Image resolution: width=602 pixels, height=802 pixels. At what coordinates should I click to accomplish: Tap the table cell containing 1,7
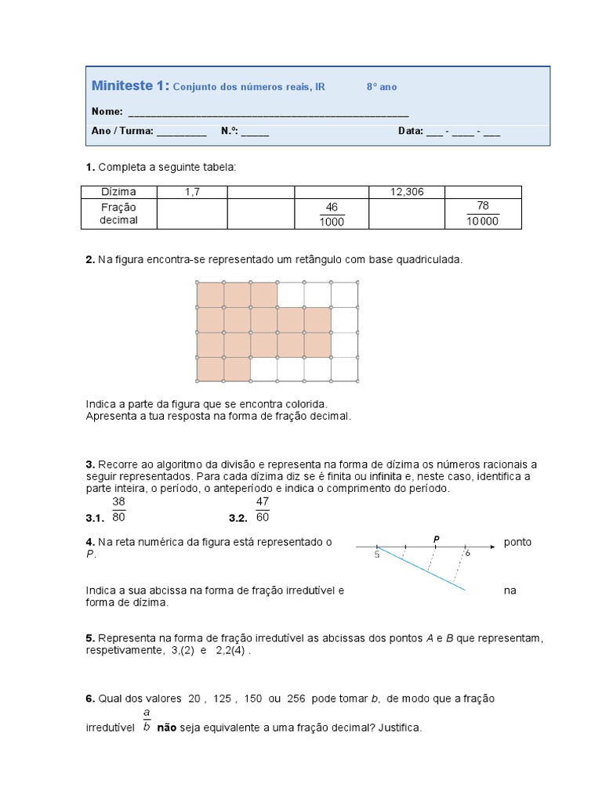click(191, 192)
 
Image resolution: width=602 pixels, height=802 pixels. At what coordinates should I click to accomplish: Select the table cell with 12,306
click(407, 192)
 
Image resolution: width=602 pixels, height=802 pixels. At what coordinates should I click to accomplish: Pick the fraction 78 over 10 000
click(482, 214)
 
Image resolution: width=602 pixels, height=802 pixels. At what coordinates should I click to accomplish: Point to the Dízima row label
click(118, 192)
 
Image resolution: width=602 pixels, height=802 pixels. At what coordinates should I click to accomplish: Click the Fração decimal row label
click(118, 214)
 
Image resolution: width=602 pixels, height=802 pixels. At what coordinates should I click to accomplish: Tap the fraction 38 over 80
click(119, 509)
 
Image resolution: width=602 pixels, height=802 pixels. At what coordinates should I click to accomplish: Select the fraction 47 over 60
click(263, 509)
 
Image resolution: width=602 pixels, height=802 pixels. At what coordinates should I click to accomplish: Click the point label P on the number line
click(436, 538)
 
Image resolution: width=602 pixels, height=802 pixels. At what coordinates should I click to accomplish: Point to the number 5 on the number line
click(377, 555)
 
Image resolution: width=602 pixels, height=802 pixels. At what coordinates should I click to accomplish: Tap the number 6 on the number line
click(468, 553)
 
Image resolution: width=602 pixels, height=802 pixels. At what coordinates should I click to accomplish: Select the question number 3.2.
click(238, 518)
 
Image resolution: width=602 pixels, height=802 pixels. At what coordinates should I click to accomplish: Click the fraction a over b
click(147, 721)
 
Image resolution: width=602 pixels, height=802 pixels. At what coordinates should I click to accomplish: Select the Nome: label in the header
click(107, 111)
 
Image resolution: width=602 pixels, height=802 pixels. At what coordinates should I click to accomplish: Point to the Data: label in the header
click(410, 132)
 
